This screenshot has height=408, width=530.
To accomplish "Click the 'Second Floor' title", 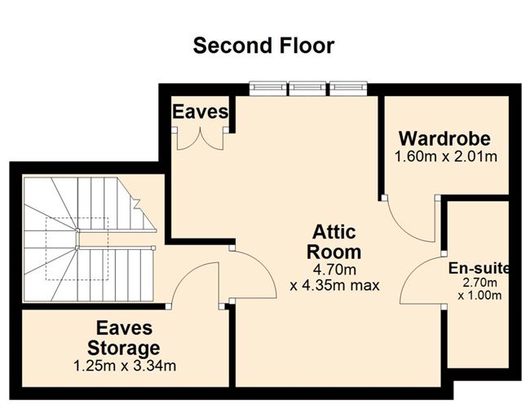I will tap(263, 46).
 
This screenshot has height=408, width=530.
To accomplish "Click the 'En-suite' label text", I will tap(479, 268).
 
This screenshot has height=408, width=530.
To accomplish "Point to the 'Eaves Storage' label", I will tap(124, 340).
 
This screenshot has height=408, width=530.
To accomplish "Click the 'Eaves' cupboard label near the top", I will tap(200, 112).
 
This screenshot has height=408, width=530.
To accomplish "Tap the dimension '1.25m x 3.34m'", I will tap(124, 366).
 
